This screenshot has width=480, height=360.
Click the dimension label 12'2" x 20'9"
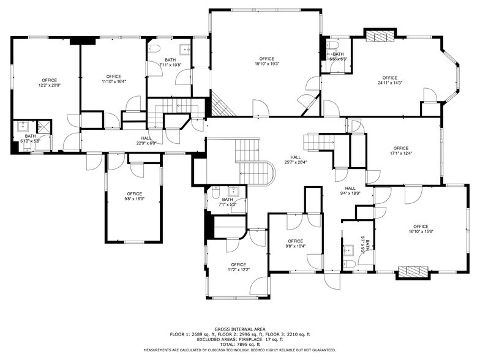(x=49, y=86)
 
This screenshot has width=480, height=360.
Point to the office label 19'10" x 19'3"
(x=266, y=61)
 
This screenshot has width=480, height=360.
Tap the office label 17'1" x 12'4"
(x=400, y=151)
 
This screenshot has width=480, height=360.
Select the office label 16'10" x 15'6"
(x=421, y=230)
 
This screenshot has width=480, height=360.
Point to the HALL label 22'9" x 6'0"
(x=146, y=141)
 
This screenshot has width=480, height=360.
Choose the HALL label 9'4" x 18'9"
(x=350, y=190)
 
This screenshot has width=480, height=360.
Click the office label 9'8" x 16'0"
(x=134, y=197)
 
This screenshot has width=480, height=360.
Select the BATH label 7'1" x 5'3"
(x=227, y=202)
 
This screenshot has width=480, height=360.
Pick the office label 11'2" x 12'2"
(x=238, y=267)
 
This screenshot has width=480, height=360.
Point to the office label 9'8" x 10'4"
(x=295, y=244)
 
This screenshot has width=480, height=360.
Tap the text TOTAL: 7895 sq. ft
(x=239, y=343)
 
